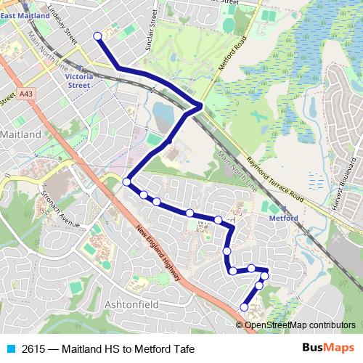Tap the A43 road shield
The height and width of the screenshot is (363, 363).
pos(27,93)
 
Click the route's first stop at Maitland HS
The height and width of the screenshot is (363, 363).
pos(97,36)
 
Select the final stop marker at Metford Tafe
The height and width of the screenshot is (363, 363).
pos(244,308)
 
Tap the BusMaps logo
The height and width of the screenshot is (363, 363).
pos(327,348)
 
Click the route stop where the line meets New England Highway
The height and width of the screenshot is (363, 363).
pos(127,181)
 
